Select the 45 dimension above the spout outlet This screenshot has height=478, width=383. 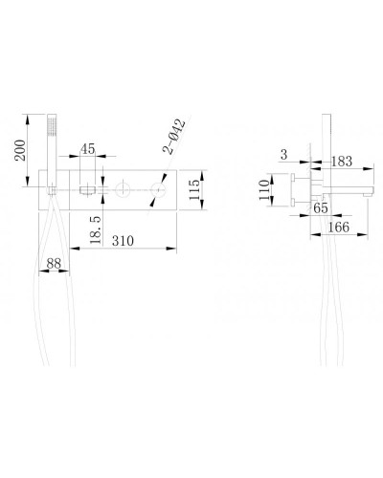click(87, 148)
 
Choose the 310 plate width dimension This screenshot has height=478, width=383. click(122, 242)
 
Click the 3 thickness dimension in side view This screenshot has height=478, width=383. click(284, 154)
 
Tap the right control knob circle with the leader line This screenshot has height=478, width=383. click(152, 194)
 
